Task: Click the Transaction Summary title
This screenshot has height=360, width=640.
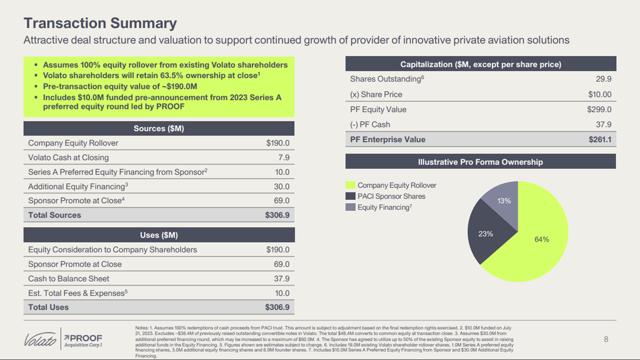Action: (x=100, y=23)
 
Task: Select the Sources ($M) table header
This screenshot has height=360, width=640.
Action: (x=158, y=128)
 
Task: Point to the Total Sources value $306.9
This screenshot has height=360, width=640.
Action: (x=277, y=215)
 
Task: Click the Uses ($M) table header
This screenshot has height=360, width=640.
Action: (x=158, y=235)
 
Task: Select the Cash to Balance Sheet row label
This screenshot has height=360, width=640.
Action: (x=68, y=278)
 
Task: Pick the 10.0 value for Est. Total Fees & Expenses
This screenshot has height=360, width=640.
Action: (x=282, y=293)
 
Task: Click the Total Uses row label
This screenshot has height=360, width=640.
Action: (x=48, y=307)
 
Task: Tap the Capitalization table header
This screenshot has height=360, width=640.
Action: (x=480, y=64)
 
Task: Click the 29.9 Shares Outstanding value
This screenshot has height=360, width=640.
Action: (x=603, y=79)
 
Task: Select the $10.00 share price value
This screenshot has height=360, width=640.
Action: (x=599, y=94)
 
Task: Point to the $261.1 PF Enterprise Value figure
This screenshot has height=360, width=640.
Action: (x=600, y=139)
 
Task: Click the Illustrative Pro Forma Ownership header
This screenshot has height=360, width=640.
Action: (x=480, y=161)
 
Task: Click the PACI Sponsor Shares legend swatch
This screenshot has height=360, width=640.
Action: (x=350, y=196)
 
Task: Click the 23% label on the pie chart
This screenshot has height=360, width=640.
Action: (x=485, y=233)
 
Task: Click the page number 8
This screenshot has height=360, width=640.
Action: (x=606, y=339)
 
